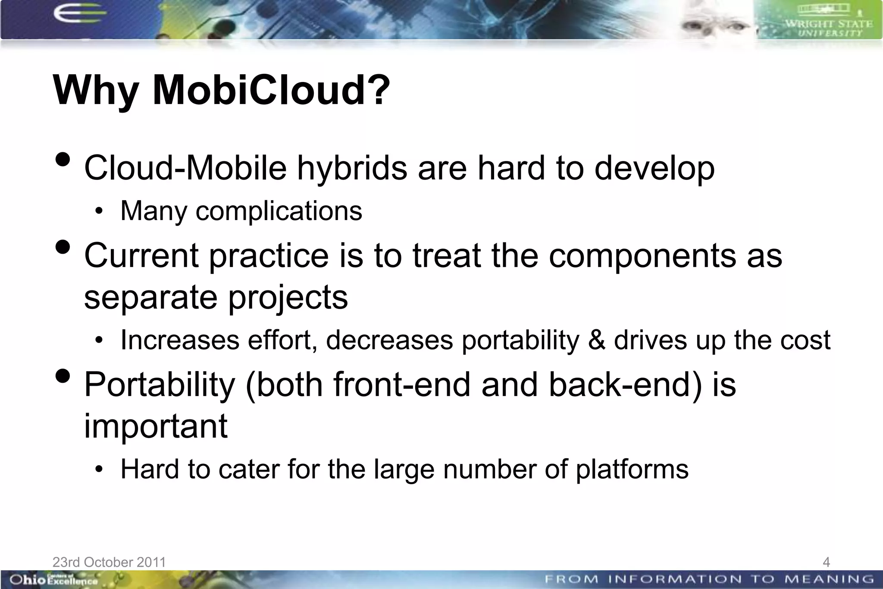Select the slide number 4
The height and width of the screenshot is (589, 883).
pos(826,562)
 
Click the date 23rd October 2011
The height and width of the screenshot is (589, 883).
pos(109,562)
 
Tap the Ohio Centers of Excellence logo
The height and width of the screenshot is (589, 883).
pos(53,580)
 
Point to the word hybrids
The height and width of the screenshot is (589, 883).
pos(352,168)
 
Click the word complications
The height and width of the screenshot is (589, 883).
pos(279,211)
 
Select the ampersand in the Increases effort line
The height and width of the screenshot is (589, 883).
pos(596,340)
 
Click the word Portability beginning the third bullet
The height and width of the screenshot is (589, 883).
pos(160,384)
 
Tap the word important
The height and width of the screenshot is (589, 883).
pos(155,426)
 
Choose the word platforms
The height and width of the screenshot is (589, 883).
pos(632,469)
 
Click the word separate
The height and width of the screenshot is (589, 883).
pos(150,297)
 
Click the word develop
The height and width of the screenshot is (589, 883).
pos(654,168)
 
